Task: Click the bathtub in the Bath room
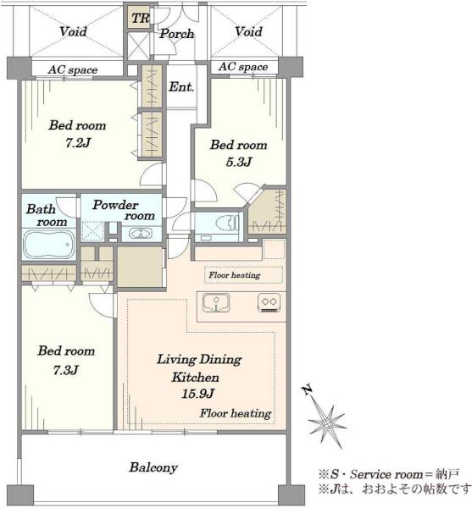pyautogui.click(x=48, y=244)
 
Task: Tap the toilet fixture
pyautogui.click(x=228, y=223)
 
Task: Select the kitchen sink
pyautogui.click(x=216, y=302)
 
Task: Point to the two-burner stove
pyautogui.click(x=269, y=302)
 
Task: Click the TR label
pyautogui.click(x=140, y=18)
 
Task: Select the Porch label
pyautogui.click(x=176, y=33)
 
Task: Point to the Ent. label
pyautogui.click(x=181, y=87)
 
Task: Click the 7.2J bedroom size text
pyautogui.click(x=78, y=142)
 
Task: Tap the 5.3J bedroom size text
pyautogui.click(x=239, y=162)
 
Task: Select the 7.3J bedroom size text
pyautogui.click(x=66, y=370)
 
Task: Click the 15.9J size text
pyautogui.click(x=197, y=394)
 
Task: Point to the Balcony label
pyautogui.click(x=153, y=467)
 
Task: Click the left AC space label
pyautogui.click(x=73, y=69)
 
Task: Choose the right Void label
pyautogui.click(x=248, y=32)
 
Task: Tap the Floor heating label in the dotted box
pyautogui.click(x=235, y=275)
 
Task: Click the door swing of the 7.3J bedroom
pyautogui.click(x=103, y=305)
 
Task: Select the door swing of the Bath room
pyautogui.click(x=69, y=207)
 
